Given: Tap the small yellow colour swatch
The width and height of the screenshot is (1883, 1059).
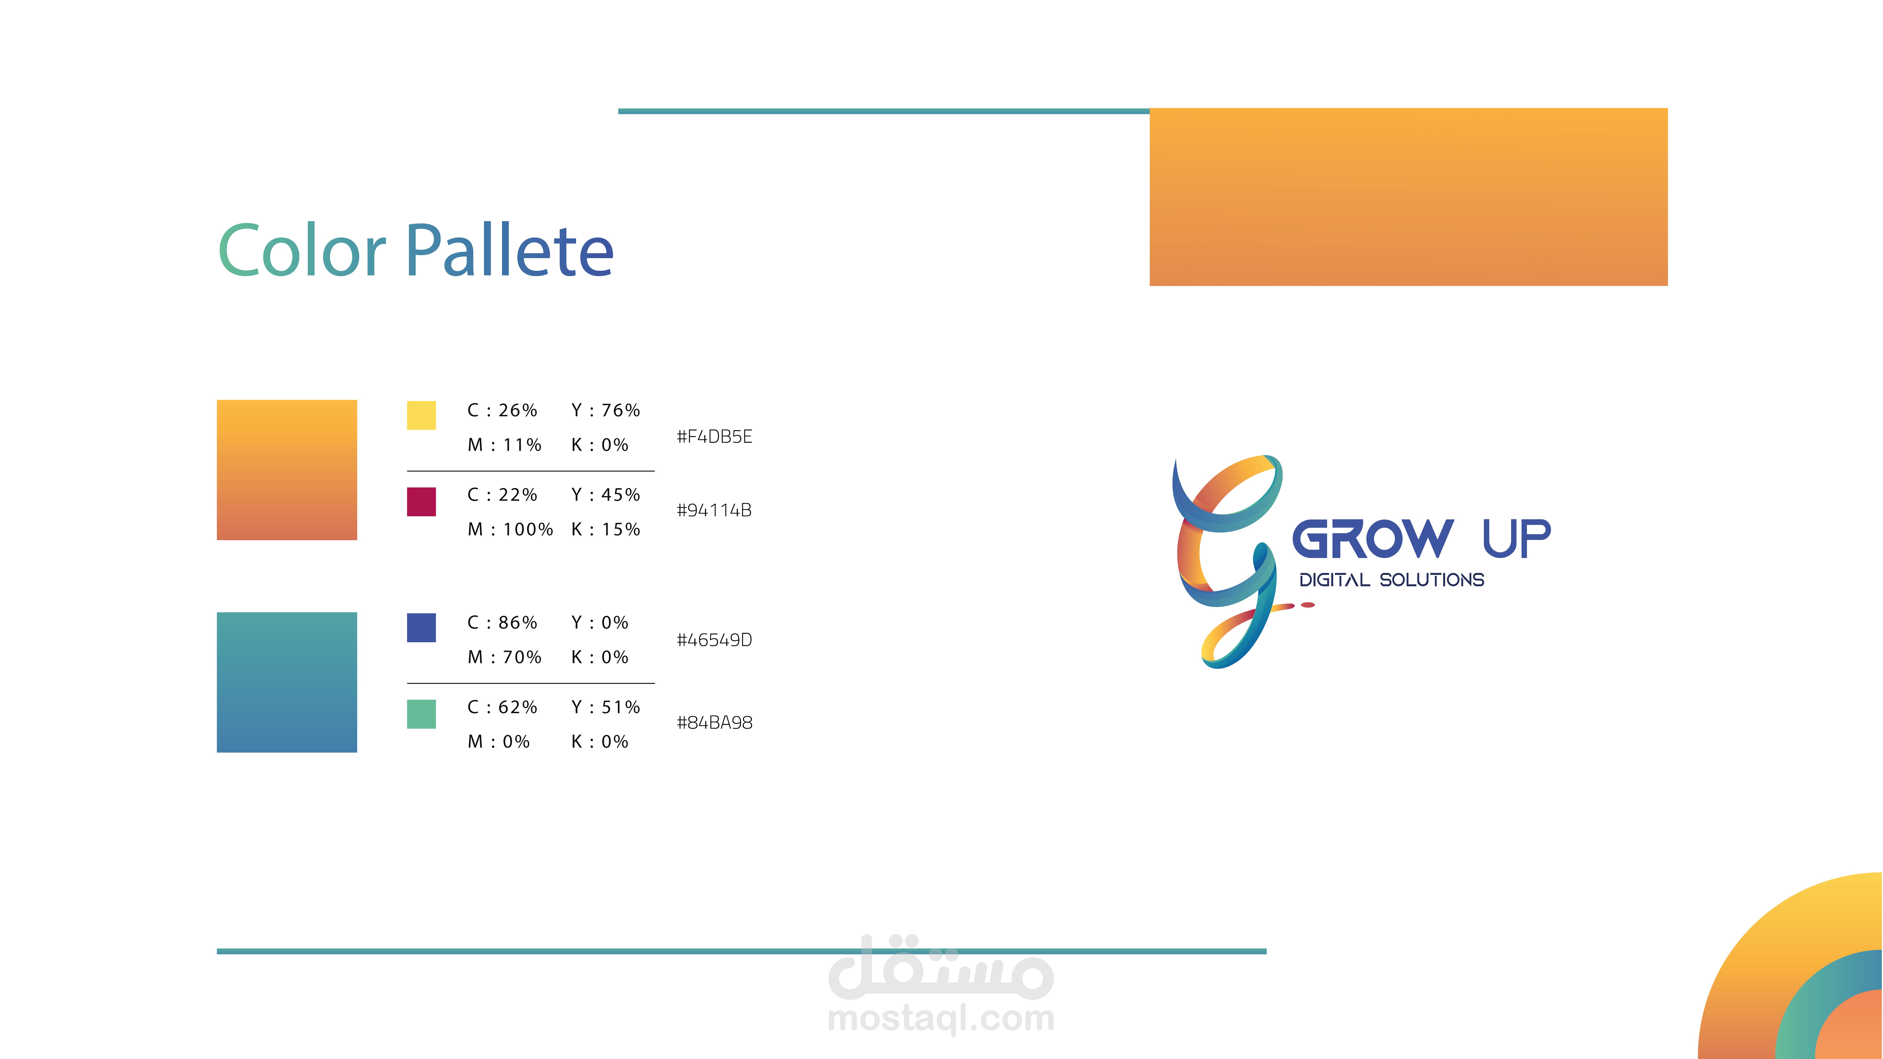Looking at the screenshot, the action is pos(421,415).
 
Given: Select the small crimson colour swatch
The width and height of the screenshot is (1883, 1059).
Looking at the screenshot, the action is pos(421,502).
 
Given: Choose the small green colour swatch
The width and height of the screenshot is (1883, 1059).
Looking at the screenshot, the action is pos(421,714).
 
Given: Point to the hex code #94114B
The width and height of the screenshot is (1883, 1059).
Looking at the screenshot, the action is pos(714,510).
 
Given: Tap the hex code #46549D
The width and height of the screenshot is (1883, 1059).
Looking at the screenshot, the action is pos(714,640).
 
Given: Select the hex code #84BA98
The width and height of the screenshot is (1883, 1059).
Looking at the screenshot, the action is pos(714,723).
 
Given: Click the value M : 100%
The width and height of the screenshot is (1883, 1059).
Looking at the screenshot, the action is pos(510,529).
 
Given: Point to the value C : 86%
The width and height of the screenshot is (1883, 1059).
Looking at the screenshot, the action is pos(502,623).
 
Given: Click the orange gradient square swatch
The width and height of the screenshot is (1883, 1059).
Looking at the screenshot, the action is pos(287,470).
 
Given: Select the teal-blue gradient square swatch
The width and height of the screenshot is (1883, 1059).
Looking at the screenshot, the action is pos(287,683).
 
